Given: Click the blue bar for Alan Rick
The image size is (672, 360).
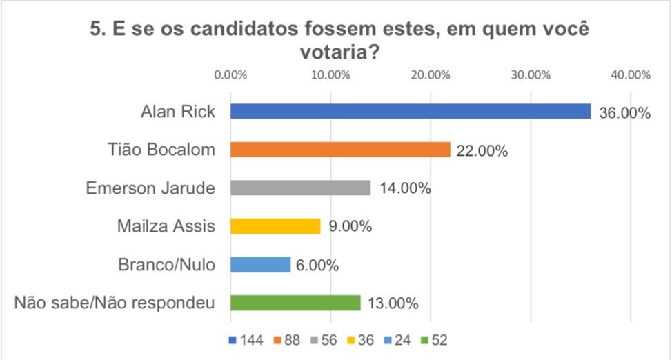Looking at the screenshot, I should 411,111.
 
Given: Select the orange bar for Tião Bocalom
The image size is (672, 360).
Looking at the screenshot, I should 340,150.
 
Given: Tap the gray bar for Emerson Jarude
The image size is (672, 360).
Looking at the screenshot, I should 300,188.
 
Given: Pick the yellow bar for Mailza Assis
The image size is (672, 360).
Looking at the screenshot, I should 275,226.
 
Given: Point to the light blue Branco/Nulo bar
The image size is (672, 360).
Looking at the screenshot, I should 260,264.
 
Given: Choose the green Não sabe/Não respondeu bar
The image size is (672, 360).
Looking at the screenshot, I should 295,303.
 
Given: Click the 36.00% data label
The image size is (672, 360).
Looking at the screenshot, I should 624,113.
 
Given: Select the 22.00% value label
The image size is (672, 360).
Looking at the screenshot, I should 481,151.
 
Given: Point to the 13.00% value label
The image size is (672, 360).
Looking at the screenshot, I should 391,303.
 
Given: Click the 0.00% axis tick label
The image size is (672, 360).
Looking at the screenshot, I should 230,75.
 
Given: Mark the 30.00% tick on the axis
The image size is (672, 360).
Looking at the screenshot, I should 531,75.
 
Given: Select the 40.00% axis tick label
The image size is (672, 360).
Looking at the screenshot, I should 631,75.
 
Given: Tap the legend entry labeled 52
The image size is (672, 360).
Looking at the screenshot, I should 437,340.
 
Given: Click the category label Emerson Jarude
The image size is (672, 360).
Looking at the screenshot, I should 150,188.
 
